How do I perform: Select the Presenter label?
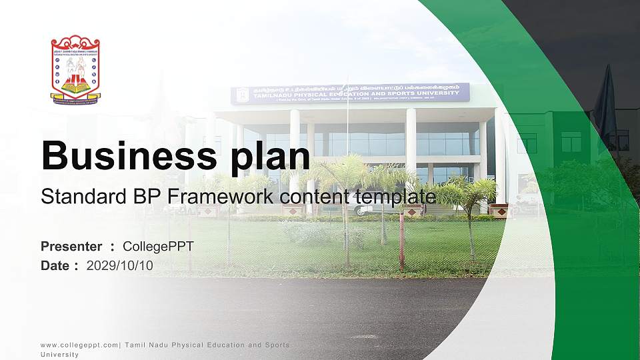coord(71,247)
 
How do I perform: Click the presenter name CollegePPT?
coord(158,247)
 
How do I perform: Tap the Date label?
coord(55,265)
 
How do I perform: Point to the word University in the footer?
coord(59,355)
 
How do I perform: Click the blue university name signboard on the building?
coord(350,93)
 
